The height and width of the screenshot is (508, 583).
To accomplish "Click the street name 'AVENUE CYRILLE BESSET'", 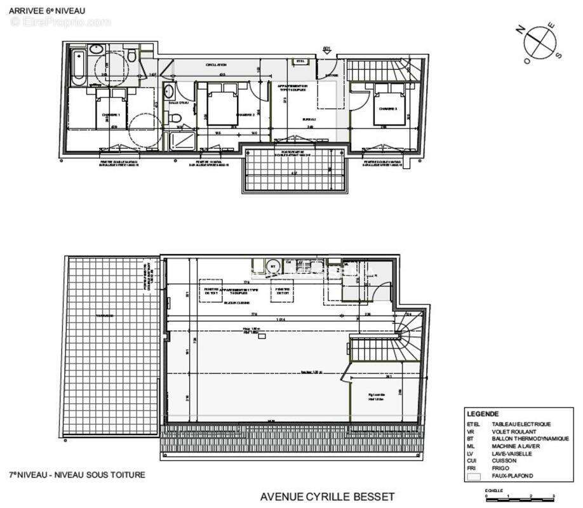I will pyautogui.click(x=327, y=497).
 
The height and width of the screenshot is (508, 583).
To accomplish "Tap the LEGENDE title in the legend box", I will pyautogui.click(x=483, y=413).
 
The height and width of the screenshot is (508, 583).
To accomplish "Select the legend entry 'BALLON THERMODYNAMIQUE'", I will pyautogui.click(x=530, y=439).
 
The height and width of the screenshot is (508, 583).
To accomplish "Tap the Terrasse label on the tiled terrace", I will pyautogui.click(x=105, y=316).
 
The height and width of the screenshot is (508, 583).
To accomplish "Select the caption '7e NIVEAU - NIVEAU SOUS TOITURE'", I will pyautogui.click(x=77, y=474).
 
